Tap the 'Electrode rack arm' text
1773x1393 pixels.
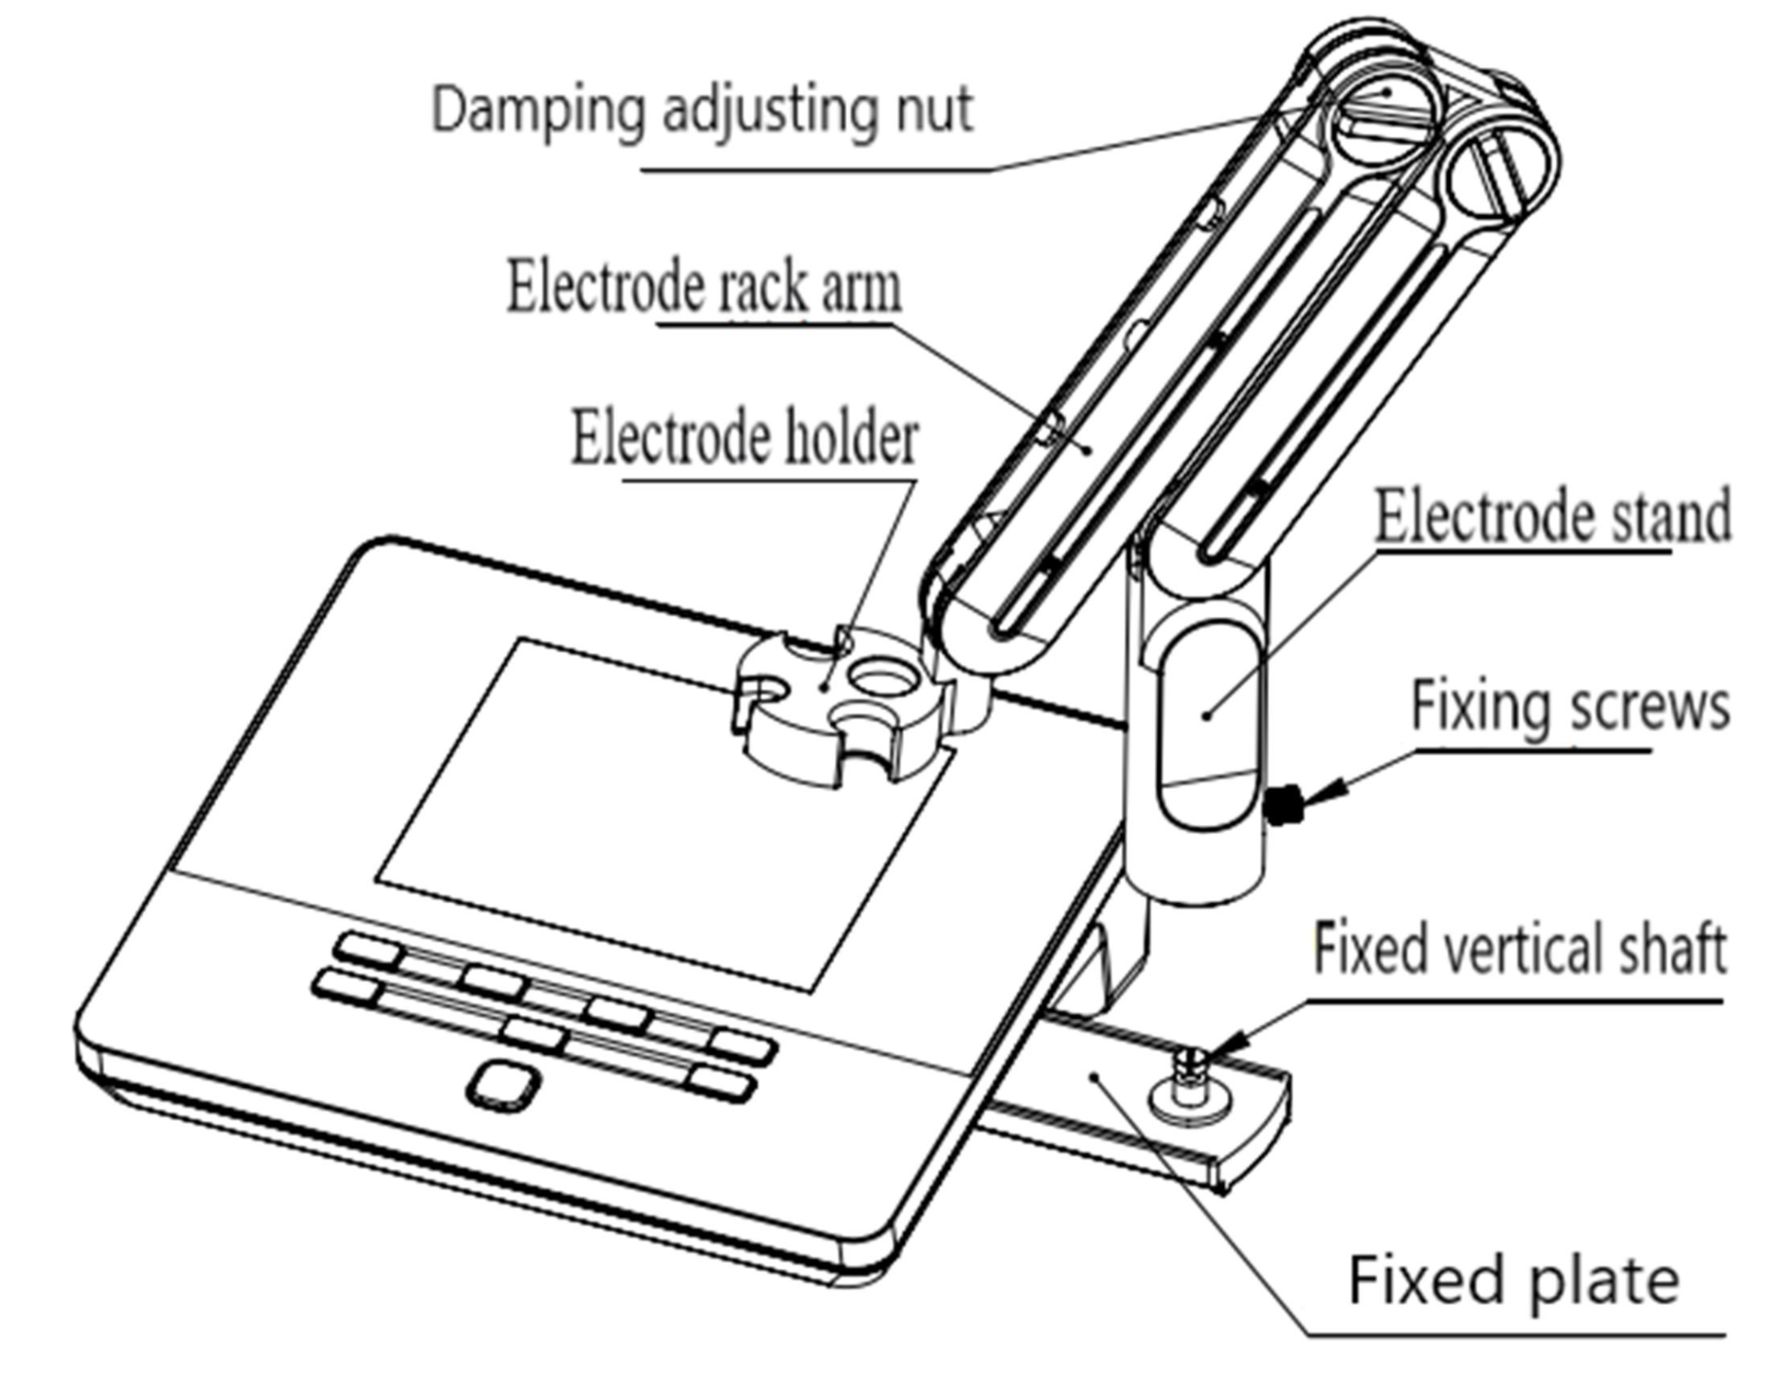pos(703,287)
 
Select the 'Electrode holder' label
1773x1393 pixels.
pos(743,437)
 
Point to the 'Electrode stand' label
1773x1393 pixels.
pos(1551,517)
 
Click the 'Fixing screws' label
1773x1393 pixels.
pos(1569,707)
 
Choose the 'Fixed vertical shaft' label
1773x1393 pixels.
pos(1518,948)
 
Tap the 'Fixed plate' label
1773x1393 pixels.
pos(1513,1280)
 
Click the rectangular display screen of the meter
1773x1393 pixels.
pos(656,812)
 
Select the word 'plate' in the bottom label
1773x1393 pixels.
pos(1604,1280)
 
